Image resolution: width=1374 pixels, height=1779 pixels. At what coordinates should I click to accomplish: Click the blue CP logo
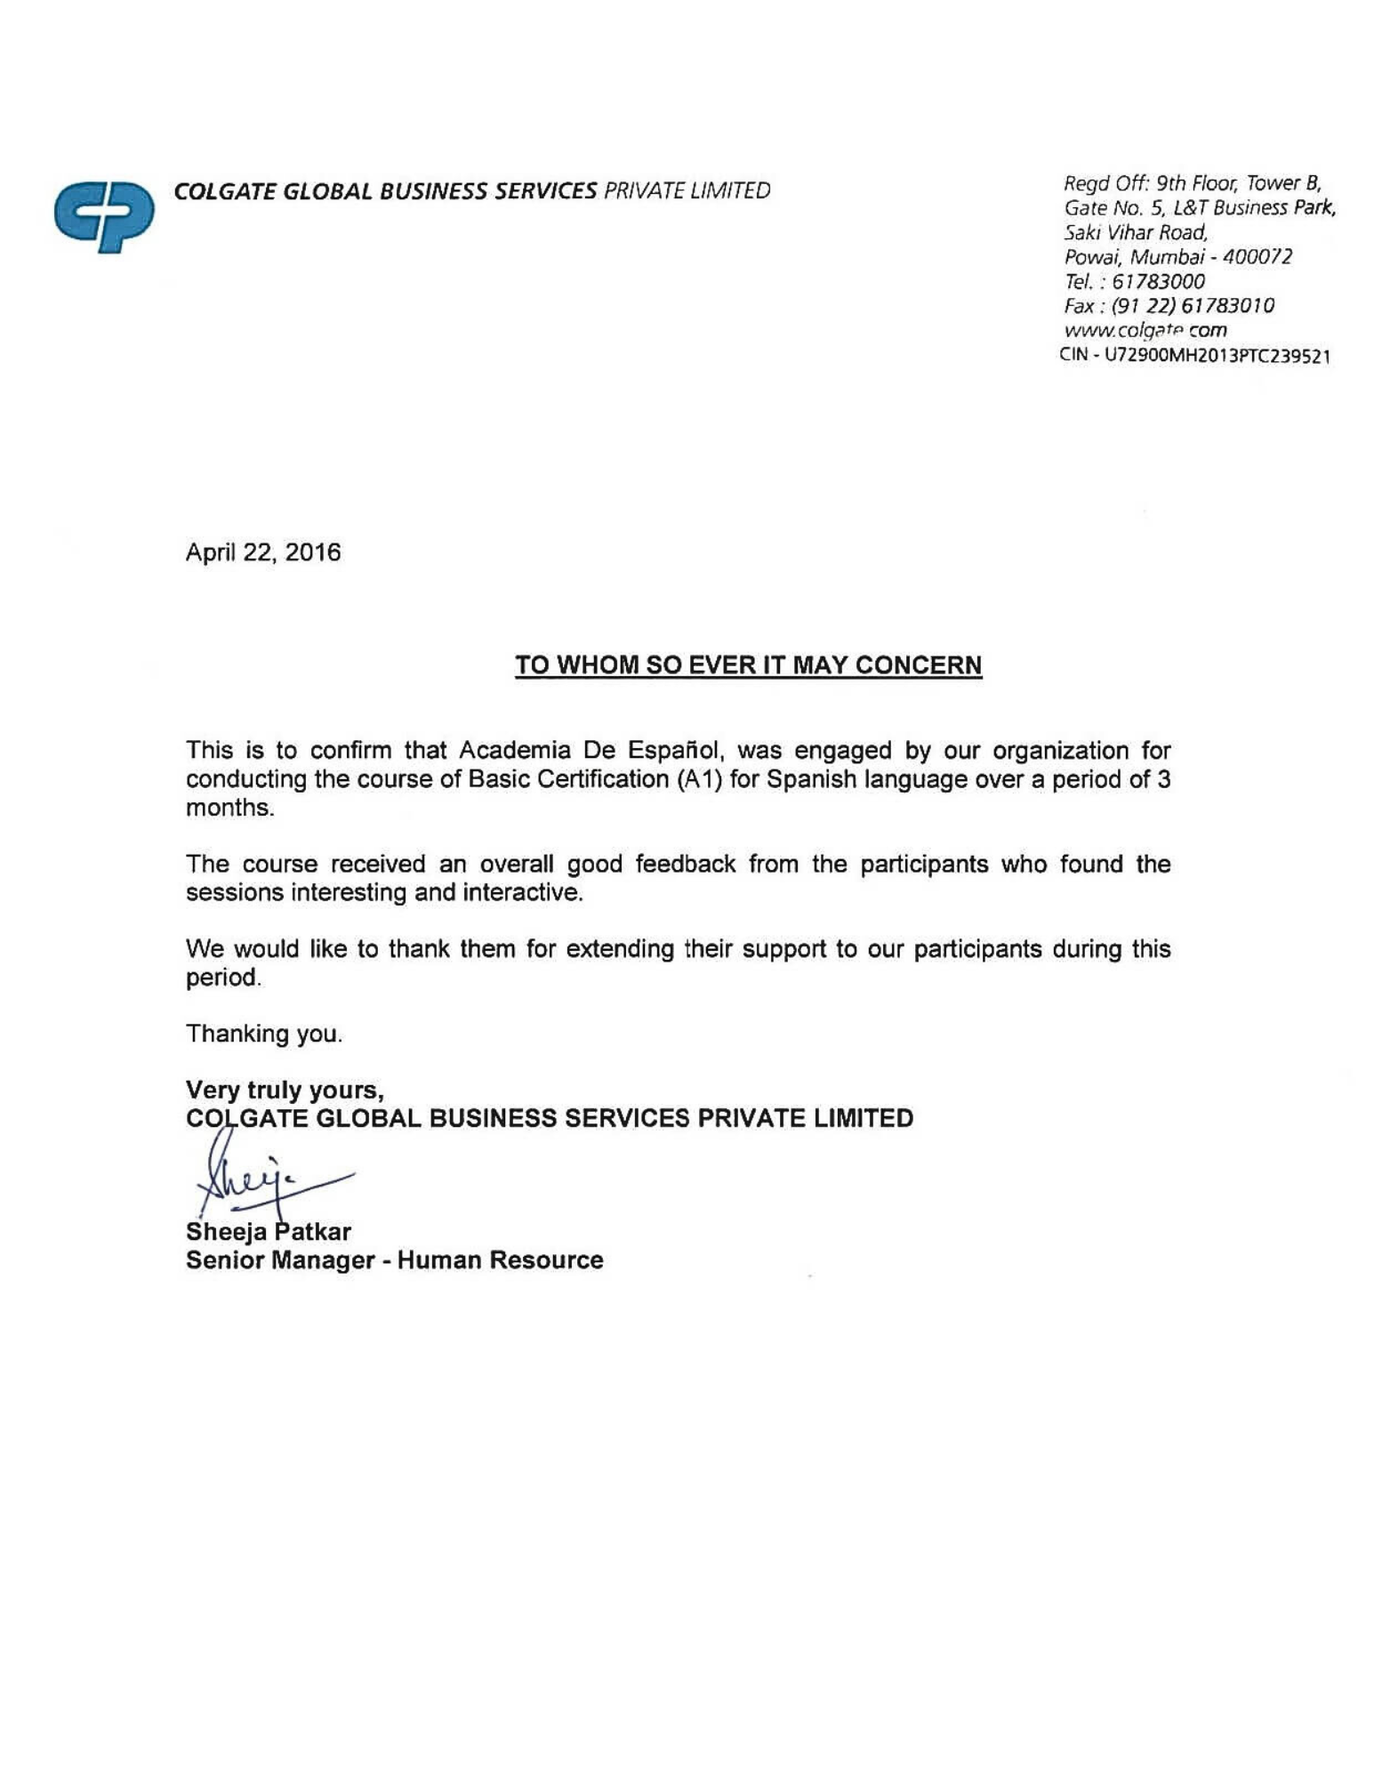[x=103, y=216]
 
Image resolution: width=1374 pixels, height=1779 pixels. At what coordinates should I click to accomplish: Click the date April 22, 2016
[x=262, y=552]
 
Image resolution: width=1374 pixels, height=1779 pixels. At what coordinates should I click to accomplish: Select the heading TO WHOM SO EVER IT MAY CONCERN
[x=748, y=665]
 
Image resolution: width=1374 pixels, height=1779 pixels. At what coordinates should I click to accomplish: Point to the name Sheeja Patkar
[x=268, y=1231]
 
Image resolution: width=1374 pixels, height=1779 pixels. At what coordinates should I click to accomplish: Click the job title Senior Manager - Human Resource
[x=394, y=1260]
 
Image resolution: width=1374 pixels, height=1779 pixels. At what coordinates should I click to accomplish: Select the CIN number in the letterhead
[x=1194, y=356]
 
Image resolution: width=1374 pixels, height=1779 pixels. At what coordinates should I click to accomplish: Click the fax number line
[x=1169, y=306]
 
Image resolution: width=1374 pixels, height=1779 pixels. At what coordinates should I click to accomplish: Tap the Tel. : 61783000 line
[x=1134, y=282]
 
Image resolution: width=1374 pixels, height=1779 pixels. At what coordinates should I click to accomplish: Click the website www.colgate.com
[x=1145, y=330]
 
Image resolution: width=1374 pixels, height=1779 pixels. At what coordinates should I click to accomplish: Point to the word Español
[x=677, y=751]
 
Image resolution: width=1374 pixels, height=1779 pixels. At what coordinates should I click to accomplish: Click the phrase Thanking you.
[x=263, y=1034]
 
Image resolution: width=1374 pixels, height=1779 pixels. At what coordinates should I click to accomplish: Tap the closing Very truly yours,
[x=285, y=1090]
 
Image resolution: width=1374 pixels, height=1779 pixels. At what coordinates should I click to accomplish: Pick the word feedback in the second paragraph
[x=686, y=864]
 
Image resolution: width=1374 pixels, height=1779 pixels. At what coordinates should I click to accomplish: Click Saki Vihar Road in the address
[x=1136, y=232]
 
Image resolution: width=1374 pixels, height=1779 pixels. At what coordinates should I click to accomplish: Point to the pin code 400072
[x=1257, y=257]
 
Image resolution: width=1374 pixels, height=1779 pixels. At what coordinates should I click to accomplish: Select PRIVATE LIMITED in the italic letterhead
[x=687, y=191]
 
